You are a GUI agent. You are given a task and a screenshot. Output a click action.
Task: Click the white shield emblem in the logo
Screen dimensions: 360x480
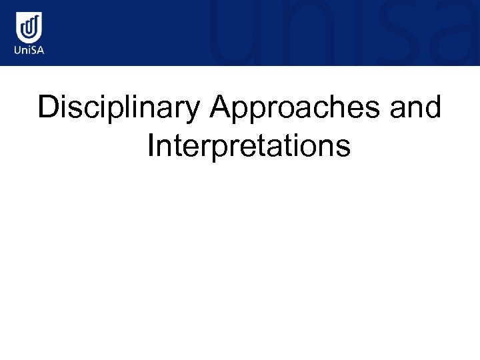click(x=29, y=27)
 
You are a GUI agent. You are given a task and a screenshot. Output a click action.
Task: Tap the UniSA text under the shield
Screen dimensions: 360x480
click(x=29, y=51)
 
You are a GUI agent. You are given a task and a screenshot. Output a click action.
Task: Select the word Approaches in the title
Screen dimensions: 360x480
click(x=294, y=108)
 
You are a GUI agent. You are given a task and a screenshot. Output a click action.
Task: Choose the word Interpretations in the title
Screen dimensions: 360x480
click(x=249, y=146)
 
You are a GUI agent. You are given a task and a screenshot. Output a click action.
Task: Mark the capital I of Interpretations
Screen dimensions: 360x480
click(x=151, y=145)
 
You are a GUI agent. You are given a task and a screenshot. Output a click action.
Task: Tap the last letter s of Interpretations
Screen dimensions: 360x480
click(x=343, y=147)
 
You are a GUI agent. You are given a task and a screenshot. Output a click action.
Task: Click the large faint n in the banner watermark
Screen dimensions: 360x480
click(x=293, y=37)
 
